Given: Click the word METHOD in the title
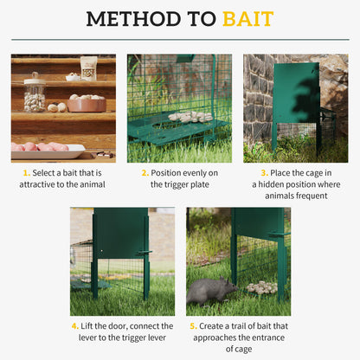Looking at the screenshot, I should coord(123,18).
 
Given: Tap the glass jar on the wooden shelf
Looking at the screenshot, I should coord(35,93).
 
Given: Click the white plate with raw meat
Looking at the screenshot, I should coord(48,148).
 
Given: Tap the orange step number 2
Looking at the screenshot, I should coord(145,173).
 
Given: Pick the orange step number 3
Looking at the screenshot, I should coord(264,173).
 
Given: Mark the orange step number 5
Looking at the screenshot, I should coord(193,326).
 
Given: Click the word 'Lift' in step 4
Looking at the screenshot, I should coord(92,326).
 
